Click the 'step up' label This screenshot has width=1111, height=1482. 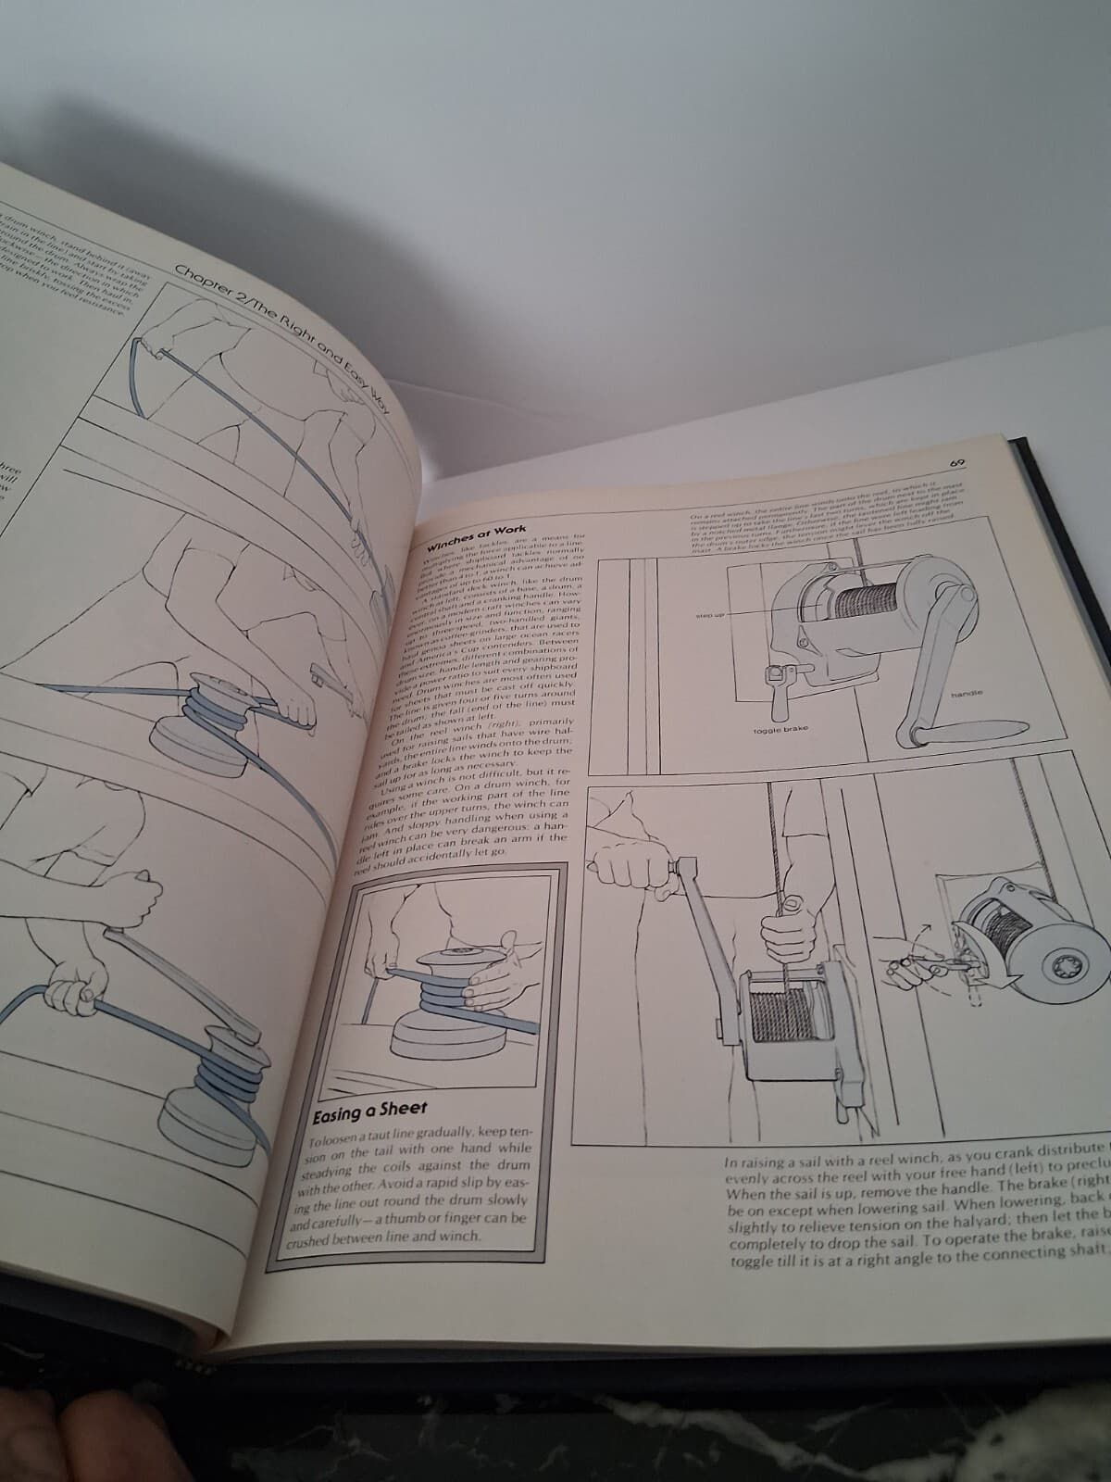coord(711,614)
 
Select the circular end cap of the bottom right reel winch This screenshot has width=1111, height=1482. coord(1057,969)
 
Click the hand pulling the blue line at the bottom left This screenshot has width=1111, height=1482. coord(74,1000)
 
